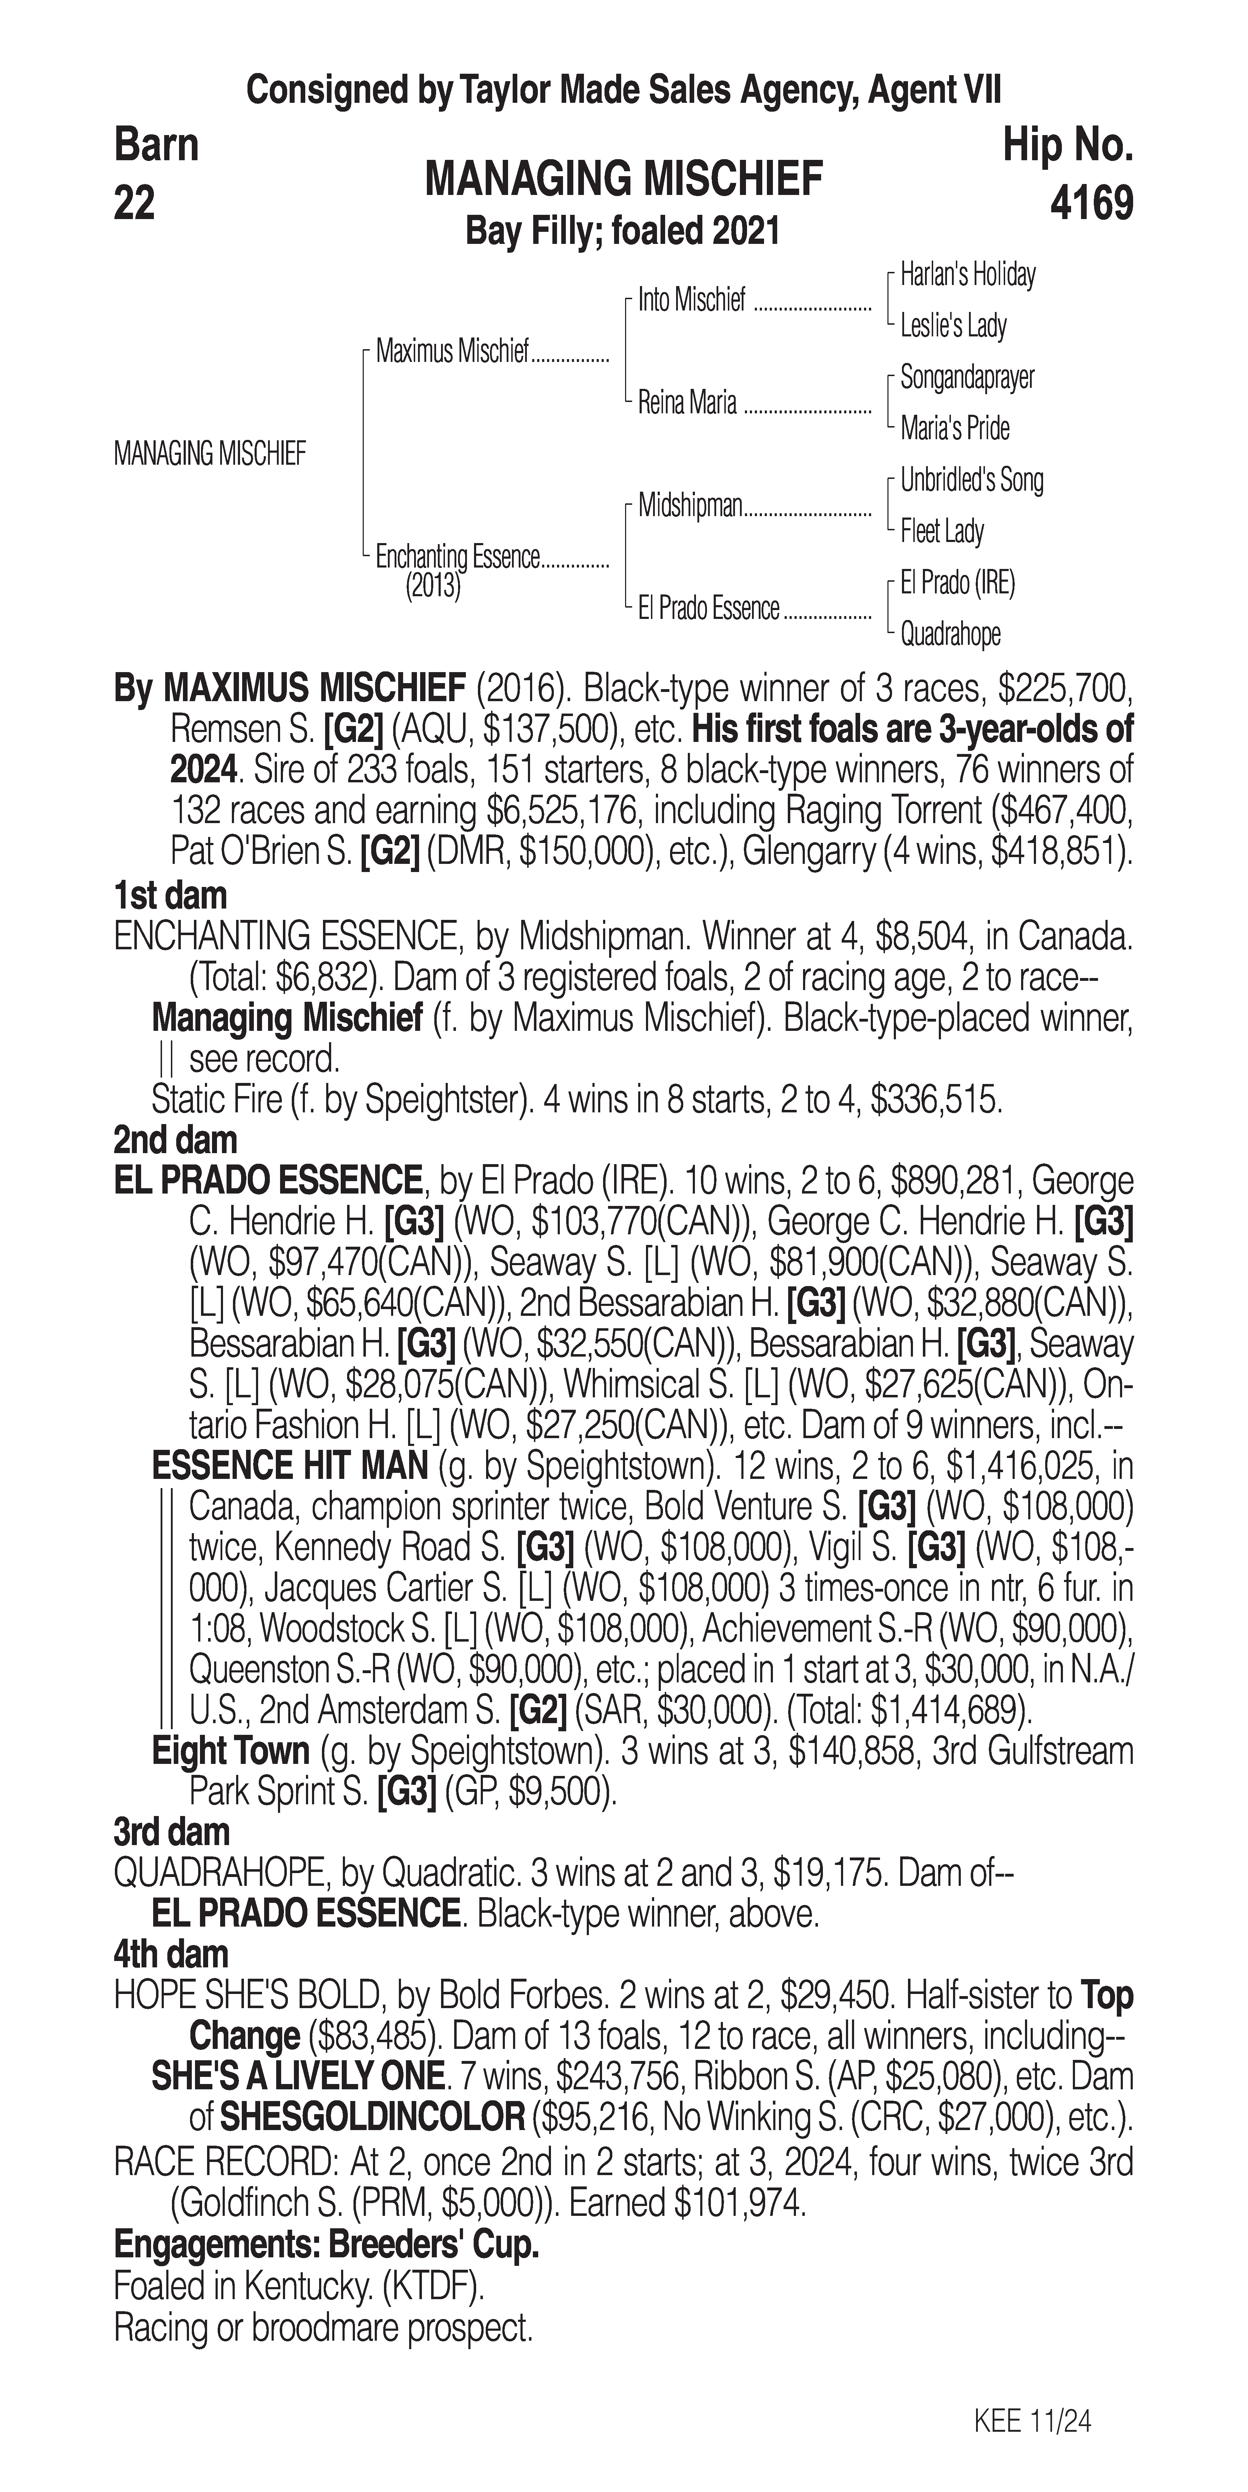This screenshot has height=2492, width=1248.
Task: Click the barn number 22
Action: coord(134,204)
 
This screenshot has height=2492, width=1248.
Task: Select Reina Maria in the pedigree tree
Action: coord(687,402)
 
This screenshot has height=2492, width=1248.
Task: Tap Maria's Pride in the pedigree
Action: coord(955,429)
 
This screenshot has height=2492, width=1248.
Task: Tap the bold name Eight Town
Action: coord(230,1751)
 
